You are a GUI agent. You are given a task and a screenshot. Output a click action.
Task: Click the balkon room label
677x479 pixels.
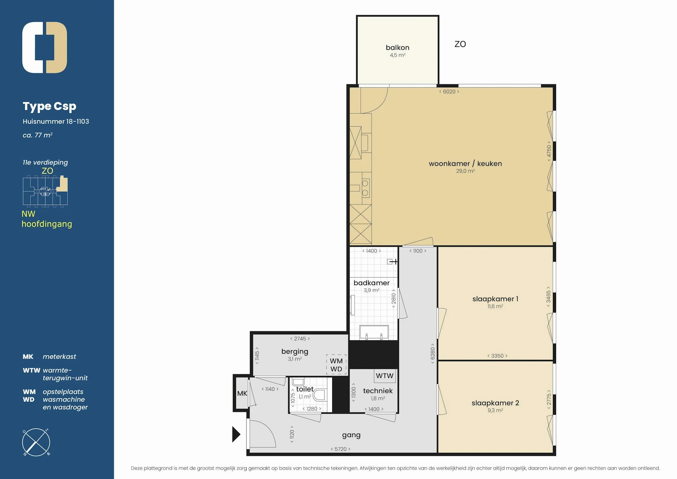click(x=397, y=48)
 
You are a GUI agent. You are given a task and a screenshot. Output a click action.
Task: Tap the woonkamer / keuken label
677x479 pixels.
click(x=465, y=164)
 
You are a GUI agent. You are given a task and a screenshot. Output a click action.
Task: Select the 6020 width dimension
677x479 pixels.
click(x=449, y=92)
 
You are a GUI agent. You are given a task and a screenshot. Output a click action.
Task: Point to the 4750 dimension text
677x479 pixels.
click(x=549, y=151)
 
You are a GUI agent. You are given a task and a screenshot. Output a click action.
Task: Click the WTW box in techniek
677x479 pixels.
click(x=384, y=376)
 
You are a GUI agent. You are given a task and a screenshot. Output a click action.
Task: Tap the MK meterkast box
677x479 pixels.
click(x=242, y=393)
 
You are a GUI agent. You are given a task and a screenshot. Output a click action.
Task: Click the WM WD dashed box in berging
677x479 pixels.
click(x=336, y=365)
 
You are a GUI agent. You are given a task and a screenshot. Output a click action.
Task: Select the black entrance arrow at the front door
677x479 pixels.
click(x=236, y=434)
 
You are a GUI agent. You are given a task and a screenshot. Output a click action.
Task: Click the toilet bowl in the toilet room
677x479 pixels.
click(x=320, y=395)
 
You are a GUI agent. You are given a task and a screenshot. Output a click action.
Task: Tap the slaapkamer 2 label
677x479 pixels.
click(x=495, y=403)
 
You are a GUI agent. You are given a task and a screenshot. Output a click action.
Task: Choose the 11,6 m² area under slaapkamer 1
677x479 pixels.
click(x=495, y=307)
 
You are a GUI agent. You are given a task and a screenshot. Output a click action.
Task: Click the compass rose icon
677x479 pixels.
click(x=36, y=442)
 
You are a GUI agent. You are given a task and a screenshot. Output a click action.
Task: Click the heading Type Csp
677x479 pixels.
click(x=49, y=106)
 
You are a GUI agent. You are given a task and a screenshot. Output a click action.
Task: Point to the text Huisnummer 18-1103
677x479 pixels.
click(x=56, y=122)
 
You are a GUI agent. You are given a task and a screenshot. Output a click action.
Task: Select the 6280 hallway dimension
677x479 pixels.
click(x=433, y=353)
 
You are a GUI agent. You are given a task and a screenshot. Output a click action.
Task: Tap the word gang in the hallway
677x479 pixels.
click(x=351, y=435)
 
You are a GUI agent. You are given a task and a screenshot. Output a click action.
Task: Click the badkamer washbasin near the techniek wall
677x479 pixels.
click(x=374, y=332)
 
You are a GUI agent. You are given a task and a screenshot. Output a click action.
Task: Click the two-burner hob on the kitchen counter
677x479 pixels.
click(x=365, y=188)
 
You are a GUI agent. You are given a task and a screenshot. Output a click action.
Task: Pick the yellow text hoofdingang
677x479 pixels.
click(x=47, y=224)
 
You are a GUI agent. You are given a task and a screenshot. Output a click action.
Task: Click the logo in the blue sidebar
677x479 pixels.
click(x=45, y=48)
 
